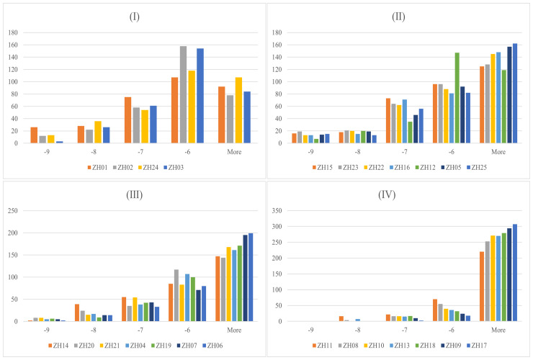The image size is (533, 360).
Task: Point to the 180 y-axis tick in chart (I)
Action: pos(14,32)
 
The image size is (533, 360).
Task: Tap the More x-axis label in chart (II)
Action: pos(498,152)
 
